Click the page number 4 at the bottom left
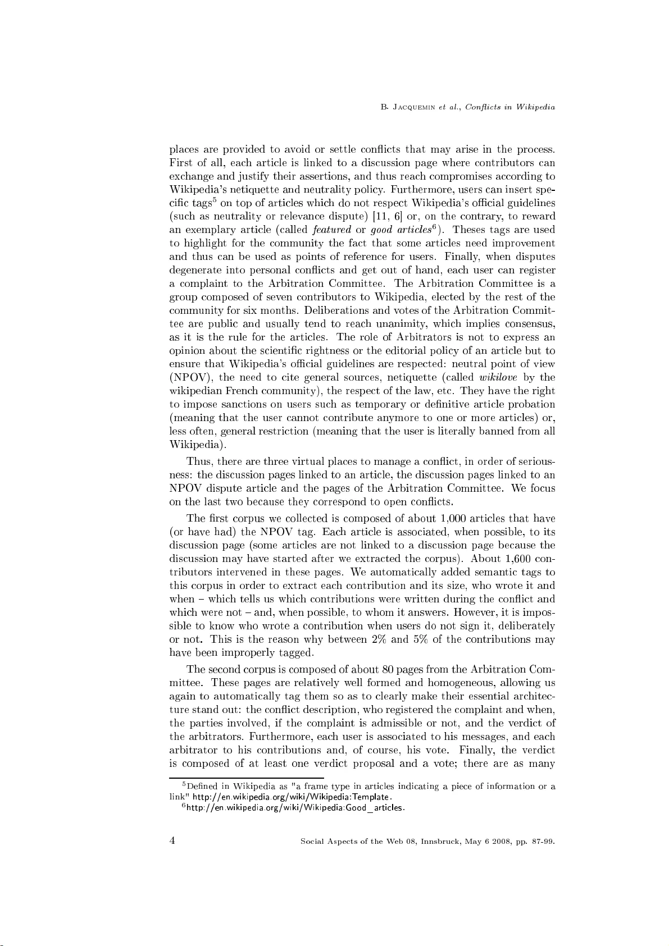(x=172, y=840)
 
